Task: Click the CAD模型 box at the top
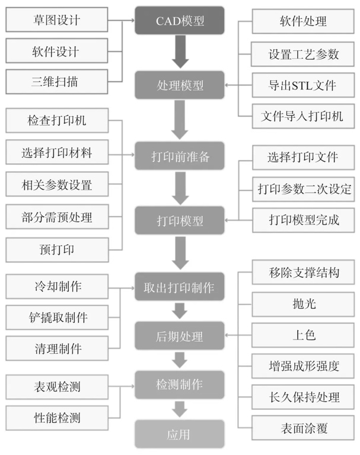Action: pyautogui.click(x=180, y=21)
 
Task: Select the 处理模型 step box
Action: pyautogui.click(x=180, y=85)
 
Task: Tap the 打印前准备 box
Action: pyautogui.click(x=180, y=157)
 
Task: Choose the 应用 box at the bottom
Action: pyautogui.click(x=180, y=434)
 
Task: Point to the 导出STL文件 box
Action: pyautogui.click(x=302, y=85)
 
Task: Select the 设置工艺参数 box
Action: pyautogui.click(x=302, y=54)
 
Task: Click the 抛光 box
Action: pyautogui.click(x=302, y=304)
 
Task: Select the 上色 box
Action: pyautogui.click(x=302, y=335)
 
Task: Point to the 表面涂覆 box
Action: pyautogui.click(x=302, y=427)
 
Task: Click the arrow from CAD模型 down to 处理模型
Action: pyautogui.click(x=180, y=53)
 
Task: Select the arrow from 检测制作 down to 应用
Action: pyautogui.click(x=180, y=409)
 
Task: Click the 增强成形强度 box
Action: pyautogui.click(x=302, y=365)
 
